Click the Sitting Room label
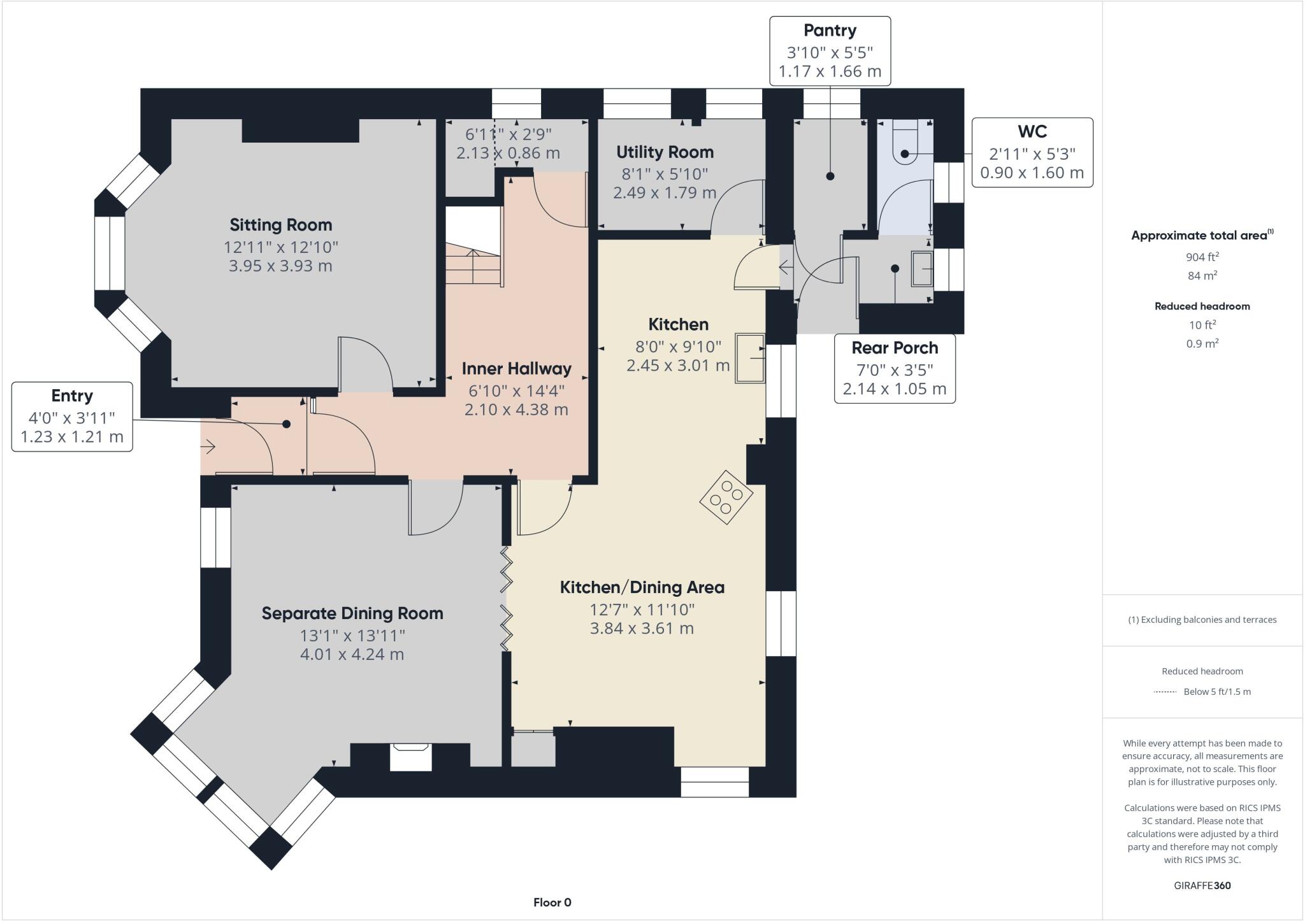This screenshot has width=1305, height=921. tap(280, 225)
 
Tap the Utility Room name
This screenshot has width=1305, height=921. tap(665, 152)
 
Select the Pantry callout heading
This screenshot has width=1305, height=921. tap(830, 31)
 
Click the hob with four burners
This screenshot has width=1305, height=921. tap(726, 497)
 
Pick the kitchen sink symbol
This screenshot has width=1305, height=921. tap(751, 358)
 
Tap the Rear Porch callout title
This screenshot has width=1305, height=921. tap(895, 348)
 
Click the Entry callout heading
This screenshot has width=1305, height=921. tap(72, 396)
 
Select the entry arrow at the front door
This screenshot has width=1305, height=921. tap(209, 447)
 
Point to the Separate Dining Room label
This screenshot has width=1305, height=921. tap(352, 613)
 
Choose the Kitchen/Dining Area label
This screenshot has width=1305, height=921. tap(642, 587)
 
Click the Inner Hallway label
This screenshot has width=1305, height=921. tap(516, 369)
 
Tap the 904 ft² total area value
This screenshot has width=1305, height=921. tap(1202, 257)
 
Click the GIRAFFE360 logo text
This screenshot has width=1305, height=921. tap(1202, 885)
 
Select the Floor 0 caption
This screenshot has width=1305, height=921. tap(552, 903)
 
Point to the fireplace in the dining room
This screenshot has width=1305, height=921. tap(411, 756)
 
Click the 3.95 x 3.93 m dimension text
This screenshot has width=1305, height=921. tap(280, 266)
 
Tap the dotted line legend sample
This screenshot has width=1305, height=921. tap(1165, 692)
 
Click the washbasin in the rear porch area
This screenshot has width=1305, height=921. tap(922, 269)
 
